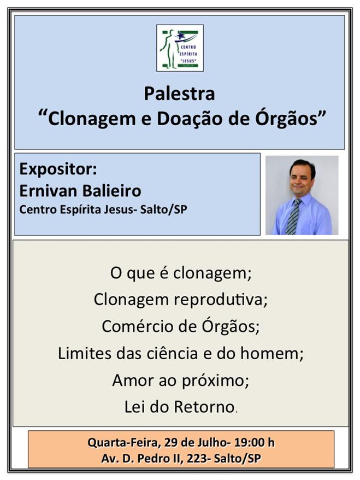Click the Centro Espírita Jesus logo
tap(180, 48)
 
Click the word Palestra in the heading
tap(179, 93)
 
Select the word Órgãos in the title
tap(287, 119)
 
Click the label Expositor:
tap(58, 169)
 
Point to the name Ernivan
tap(48, 191)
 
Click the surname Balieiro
tap(111, 191)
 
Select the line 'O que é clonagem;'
tap(181, 273)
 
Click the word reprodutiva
tap(219, 300)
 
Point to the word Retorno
tap(204, 407)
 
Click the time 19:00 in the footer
tap(249, 443)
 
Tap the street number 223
tap(196, 459)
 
